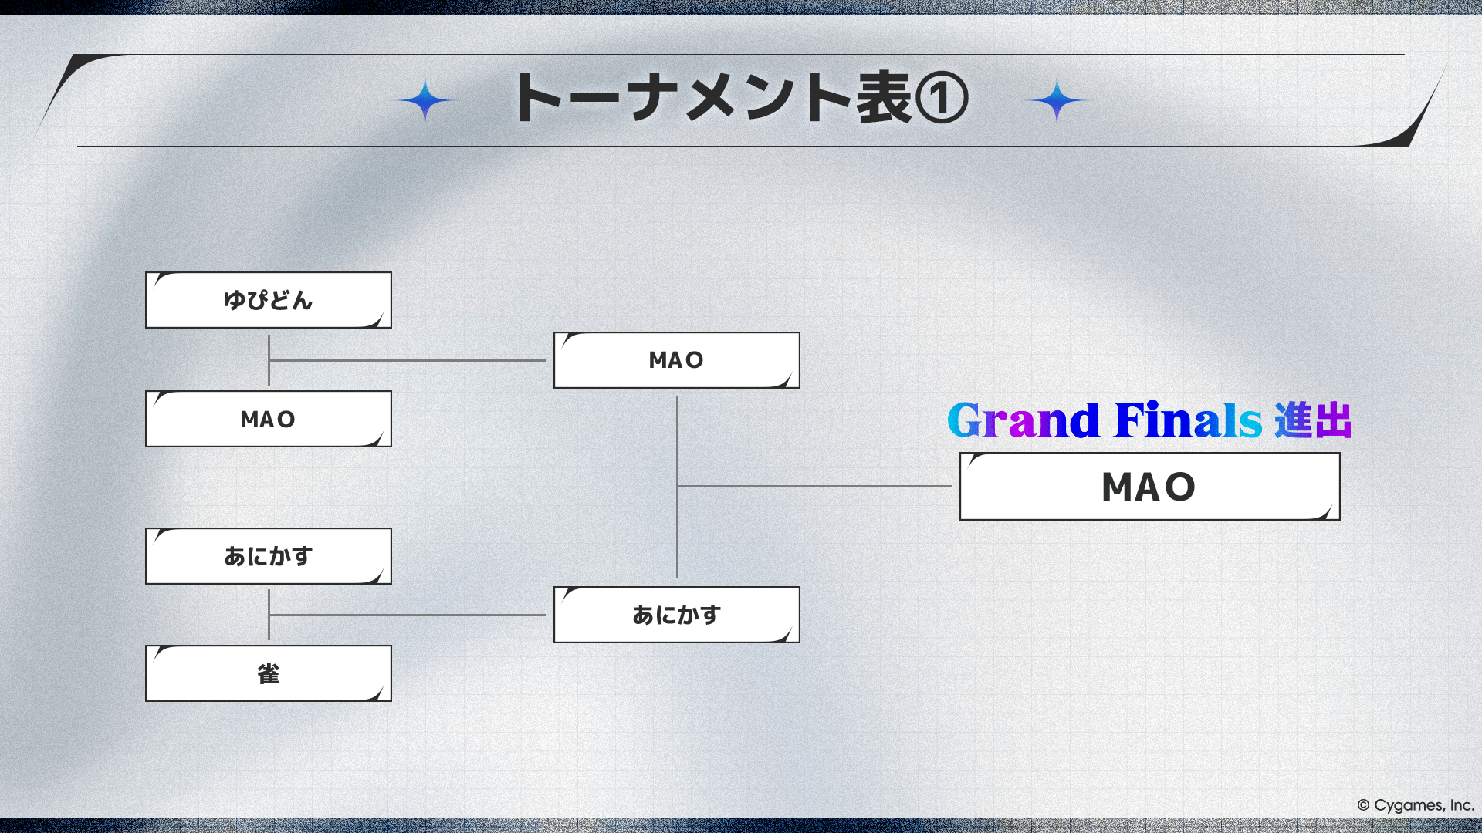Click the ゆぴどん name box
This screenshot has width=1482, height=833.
(269, 300)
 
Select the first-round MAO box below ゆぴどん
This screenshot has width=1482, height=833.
(269, 419)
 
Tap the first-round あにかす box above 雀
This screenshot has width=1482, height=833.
(269, 556)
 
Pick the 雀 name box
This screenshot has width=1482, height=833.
(269, 673)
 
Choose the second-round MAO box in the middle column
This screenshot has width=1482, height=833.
(677, 360)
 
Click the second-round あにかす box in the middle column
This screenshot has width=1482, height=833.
(677, 615)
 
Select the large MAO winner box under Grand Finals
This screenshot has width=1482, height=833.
(1150, 487)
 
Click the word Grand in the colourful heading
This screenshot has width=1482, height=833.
(1024, 420)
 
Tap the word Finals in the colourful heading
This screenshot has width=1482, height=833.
(1189, 420)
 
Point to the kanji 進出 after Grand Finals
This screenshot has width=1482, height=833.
(1313, 420)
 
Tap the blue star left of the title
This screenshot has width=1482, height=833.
(425, 100)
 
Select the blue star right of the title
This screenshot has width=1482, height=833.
(1057, 100)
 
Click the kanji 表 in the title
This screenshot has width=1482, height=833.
(884, 98)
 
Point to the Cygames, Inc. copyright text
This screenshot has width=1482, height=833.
(1416, 805)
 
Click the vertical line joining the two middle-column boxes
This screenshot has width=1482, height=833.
(677, 487)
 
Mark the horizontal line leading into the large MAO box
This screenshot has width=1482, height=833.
(814, 486)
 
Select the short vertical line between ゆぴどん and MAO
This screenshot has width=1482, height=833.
(269, 360)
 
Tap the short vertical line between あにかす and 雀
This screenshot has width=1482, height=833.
(269, 615)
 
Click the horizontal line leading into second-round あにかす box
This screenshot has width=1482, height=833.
(408, 615)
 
